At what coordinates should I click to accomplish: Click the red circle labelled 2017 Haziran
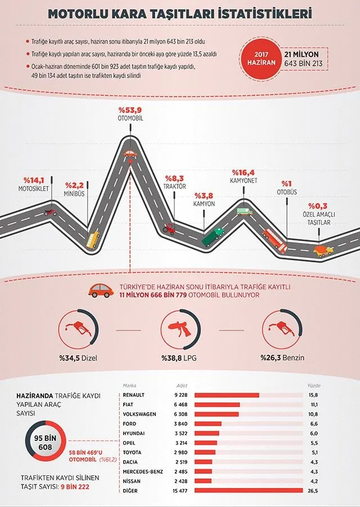pos(262,58)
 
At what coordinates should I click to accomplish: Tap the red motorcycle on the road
pos(50,212)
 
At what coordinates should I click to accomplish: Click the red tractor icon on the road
pos(169,229)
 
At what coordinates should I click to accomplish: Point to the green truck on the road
pos(213,237)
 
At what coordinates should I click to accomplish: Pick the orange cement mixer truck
pos(323,251)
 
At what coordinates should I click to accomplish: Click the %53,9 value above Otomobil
pos(130,110)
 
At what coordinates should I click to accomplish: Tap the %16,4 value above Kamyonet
pos(243,173)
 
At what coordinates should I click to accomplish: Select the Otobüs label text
pos(286,192)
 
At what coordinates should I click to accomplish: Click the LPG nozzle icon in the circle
pos(180,329)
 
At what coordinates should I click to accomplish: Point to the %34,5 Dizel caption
pos(78,358)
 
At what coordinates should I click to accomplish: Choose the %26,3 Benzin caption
pos(282,357)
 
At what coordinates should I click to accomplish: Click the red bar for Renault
pos(227,395)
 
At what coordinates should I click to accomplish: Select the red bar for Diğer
pos(249,491)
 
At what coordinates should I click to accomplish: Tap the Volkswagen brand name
pos(139,414)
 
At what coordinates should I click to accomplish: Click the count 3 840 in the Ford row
pos(181,424)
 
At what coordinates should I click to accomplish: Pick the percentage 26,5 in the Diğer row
pos(313,491)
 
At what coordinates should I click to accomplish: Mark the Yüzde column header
pos(314,386)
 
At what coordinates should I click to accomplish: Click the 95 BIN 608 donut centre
pos(46,443)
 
